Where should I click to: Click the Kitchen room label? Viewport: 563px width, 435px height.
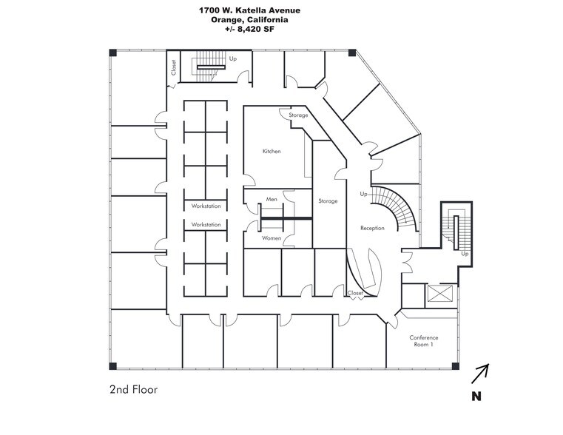[272, 152]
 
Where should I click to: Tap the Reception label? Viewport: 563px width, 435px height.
[372, 228]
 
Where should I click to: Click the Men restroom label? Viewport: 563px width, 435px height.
[272, 199]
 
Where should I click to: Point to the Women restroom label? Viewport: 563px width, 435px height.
[272, 238]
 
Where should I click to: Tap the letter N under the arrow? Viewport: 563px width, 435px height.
[478, 397]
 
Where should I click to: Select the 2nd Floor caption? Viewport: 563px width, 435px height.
[134, 388]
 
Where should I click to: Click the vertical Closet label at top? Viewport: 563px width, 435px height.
[174, 68]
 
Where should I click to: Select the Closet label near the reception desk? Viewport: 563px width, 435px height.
[356, 294]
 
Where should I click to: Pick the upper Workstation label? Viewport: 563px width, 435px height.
[206, 206]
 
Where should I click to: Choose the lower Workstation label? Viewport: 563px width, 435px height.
[206, 224]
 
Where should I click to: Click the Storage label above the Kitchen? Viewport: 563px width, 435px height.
[298, 115]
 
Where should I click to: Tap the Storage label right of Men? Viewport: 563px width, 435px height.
[328, 201]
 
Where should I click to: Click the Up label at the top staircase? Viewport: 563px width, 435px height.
[232, 58]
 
